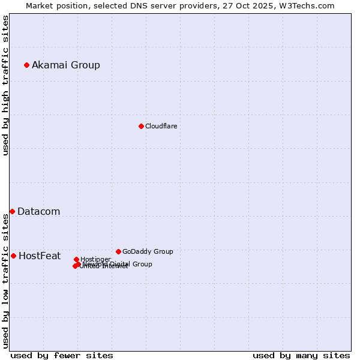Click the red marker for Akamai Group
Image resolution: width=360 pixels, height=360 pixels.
[26, 65]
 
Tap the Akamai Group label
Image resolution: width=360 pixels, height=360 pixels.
[66, 65]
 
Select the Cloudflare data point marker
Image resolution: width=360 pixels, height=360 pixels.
[141, 126]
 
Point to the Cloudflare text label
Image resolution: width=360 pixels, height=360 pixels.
[161, 127]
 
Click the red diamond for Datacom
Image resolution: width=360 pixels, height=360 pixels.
[12, 211]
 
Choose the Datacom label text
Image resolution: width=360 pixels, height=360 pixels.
[38, 212]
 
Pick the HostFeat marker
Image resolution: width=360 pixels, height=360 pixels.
[13, 256]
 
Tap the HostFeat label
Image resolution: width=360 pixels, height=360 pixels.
[40, 256]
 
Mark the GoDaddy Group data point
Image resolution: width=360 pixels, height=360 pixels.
[118, 251]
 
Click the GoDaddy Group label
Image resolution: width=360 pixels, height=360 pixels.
[148, 252]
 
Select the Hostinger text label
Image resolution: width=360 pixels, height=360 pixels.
[95, 259]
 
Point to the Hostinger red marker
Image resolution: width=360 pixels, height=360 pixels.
[76, 259]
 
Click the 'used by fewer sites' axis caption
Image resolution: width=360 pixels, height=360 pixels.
[62, 356]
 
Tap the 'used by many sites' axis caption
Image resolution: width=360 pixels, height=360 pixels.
[301, 356]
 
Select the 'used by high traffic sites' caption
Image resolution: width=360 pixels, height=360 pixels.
[6, 85]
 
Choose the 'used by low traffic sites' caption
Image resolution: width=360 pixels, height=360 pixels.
[6, 281]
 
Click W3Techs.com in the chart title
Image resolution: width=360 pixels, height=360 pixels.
[309, 5]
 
